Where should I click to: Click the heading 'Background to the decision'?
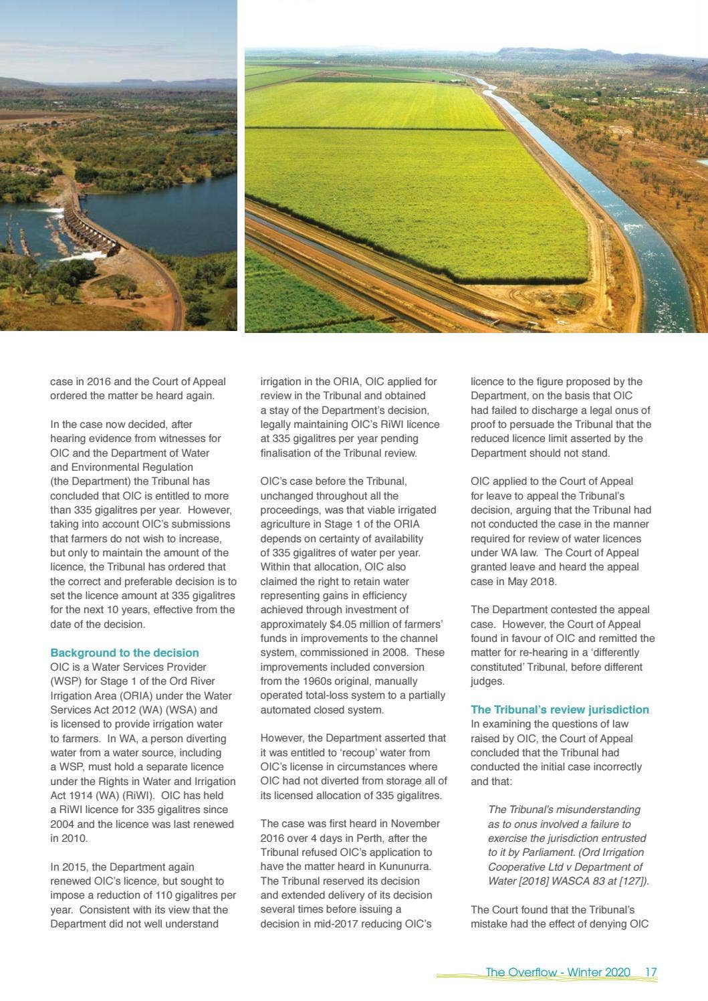(x=124, y=653)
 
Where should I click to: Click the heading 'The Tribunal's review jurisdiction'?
(x=560, y=709)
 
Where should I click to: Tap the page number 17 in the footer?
(x=651, y=972)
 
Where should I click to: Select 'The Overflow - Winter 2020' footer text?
(x=558, y=972)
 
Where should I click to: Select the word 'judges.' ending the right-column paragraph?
(x=487, y=681)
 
